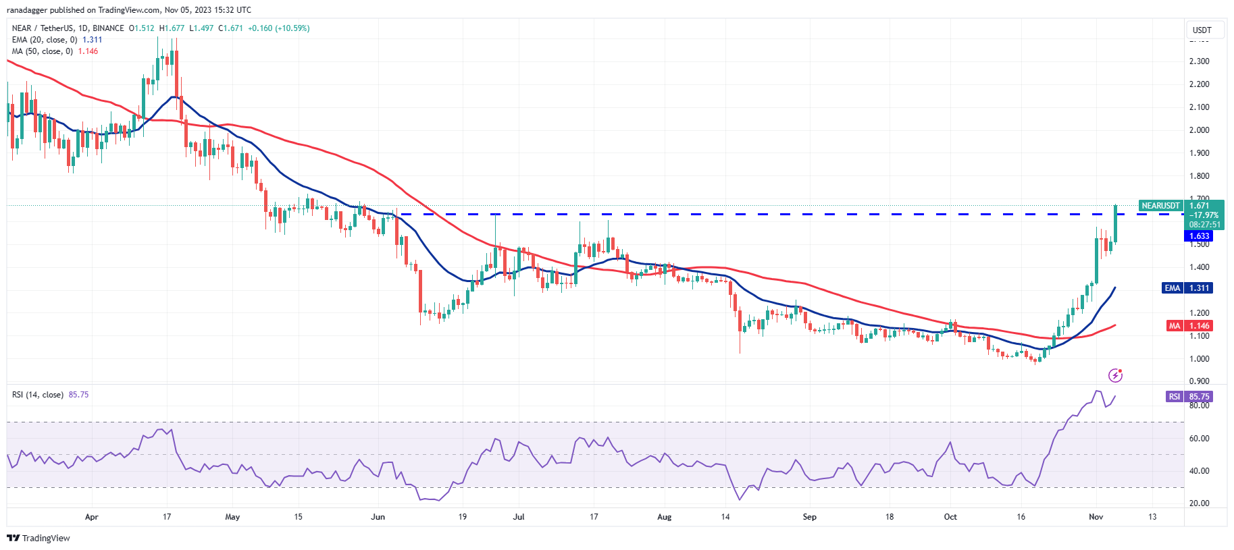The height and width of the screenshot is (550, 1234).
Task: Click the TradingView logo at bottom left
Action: [38, 538]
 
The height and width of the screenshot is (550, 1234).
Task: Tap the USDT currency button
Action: [1202, 30]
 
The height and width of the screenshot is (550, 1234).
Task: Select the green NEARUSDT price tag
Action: [1160, 206]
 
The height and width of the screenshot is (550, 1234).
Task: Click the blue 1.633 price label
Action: [1199, 236]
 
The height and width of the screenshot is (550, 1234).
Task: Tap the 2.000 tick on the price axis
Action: [1199, 130]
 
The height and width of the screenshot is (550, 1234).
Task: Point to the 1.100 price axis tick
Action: [1199, 336]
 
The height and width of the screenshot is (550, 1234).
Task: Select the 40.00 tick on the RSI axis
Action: [1199, 471]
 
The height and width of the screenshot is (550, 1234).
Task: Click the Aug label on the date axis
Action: [664, 517]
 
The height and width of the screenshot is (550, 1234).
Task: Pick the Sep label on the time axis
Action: [809, 517]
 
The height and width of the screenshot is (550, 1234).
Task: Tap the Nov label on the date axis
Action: [1096, 517]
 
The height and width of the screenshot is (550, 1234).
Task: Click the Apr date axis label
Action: [92, 517]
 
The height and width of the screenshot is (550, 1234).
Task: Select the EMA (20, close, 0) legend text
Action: [45, 40]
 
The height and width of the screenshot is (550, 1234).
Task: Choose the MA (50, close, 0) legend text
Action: [43, 51]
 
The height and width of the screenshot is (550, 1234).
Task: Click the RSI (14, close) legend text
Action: [38, 395]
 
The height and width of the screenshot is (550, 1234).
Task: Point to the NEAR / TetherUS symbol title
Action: [43, 28]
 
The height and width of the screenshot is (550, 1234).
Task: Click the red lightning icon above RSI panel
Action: [1115, 375]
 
